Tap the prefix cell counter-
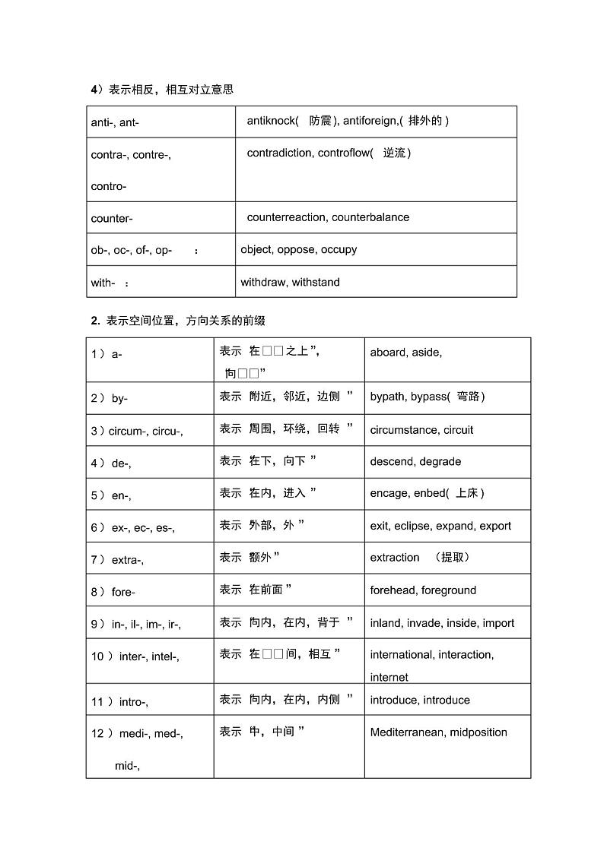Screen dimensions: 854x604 coord(112,219)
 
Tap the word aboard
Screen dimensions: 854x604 coord(388,353)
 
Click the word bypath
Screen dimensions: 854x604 coord(389,397)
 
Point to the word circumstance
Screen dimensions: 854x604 coord(404,430)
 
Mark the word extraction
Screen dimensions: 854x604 coord(395,558)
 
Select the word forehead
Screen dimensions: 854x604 coord(393,590)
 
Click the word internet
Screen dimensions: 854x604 coord(389,678)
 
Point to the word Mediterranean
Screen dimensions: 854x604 coord(407,732)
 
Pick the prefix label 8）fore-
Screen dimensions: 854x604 coord(113,592)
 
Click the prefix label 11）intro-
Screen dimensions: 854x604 coord(120,702)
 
